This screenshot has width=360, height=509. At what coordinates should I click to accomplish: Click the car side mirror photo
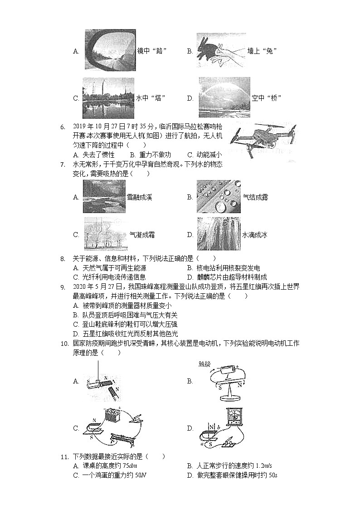110,50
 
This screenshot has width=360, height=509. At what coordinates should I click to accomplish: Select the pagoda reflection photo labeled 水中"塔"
108,97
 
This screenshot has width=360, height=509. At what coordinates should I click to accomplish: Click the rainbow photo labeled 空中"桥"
224,97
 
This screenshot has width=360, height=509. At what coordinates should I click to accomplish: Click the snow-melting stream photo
104,197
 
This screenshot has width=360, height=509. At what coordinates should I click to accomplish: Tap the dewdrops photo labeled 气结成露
219,197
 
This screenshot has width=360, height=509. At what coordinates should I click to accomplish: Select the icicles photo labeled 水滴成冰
219,234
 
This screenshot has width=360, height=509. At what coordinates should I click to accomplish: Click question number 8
63,259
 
